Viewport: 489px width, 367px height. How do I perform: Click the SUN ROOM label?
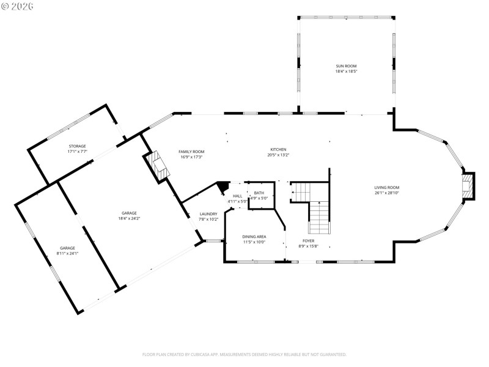pyautogui.click(x=345, y=66)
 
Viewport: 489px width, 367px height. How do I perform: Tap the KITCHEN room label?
pyautogui.click(x=279, y=149)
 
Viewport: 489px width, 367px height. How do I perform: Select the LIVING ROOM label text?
pyautogui.click(x=387, y=188)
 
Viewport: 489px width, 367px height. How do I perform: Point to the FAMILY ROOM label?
pyautogui.click(x=191, y=152)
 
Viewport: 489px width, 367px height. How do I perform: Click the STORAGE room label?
pyautogui.click(x=77, y=146)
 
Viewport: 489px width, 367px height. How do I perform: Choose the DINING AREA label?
pyautogui.click(x=254, y=236)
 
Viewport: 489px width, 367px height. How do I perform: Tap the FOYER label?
pyautogui.click(x=308, y=241)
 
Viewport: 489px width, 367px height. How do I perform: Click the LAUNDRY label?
pyautogui.click(x=208, y=214)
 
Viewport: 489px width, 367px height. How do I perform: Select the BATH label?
pyautogui.click(x=259, y=193)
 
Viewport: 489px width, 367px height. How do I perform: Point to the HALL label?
pyautogui.click(x=237, y=196)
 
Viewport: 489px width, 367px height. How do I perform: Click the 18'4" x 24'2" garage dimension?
pyautogui.click(x=129, y=218)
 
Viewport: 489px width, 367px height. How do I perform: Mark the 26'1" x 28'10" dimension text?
pyautogui.click(x=387, y=193)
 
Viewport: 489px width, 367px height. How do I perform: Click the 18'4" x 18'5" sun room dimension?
pyautogui.click(x=345, y=72)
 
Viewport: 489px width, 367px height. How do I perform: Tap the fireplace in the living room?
pyautogui.click(x=468, y=187)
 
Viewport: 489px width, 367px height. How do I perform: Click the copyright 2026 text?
pyautogui.click(x=18, y=6)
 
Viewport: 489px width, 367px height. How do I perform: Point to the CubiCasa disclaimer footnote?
pyautogui.click(x=244, y=354)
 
